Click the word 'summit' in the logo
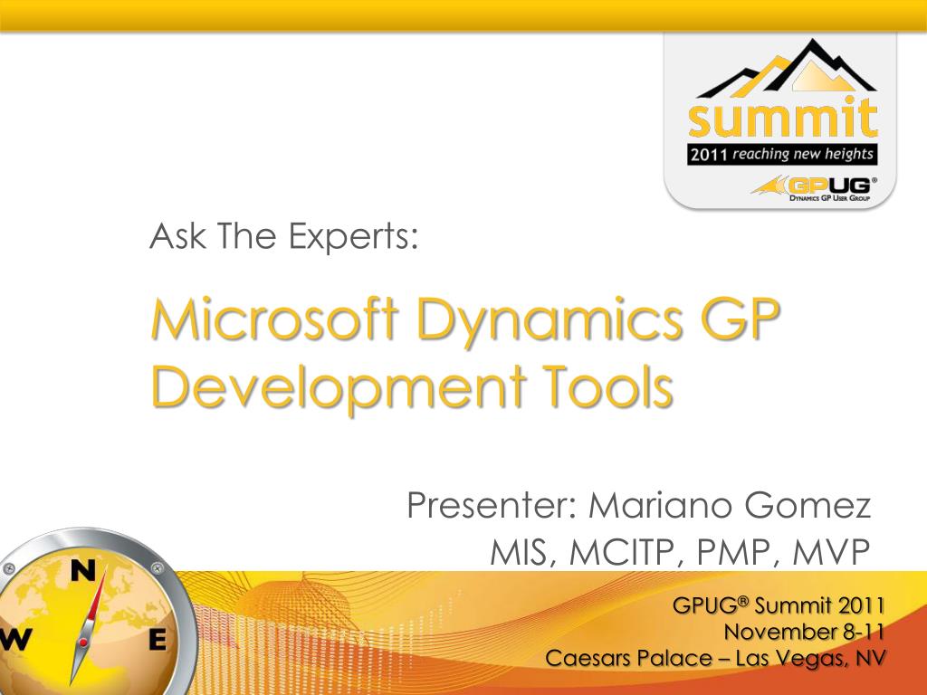pyautogui.click(x=781, y=118)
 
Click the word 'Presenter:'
pyautogui.click(x=493, y=506)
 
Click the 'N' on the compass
pyautogui.click(x=83, y=570)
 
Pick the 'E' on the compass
pyautogui.click(x=157, y=640)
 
